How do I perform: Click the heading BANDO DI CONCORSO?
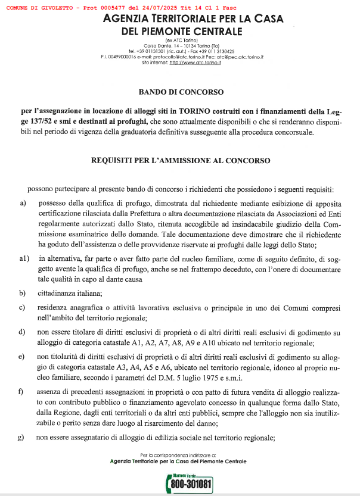click(181, 92)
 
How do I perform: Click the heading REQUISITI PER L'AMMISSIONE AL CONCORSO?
click(181, 160)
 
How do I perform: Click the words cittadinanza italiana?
click(69, 293)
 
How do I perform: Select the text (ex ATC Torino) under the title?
click(181, 40)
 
